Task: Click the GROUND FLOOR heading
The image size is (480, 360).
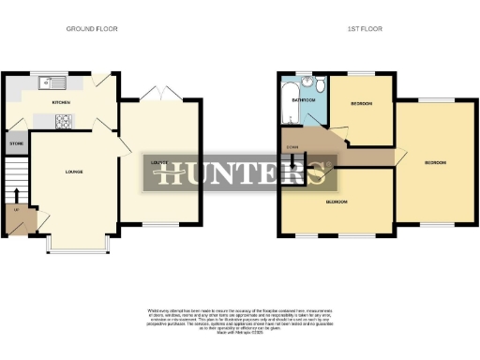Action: (x=92, y=29)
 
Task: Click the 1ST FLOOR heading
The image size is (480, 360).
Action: (x=360, y=29)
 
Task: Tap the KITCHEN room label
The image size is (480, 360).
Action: (x=62, y=101)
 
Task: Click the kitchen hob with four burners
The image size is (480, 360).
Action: (x=65, y=119)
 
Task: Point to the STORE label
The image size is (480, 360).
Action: (x=16, y=144)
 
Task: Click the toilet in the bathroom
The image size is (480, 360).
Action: (x=320, y=87)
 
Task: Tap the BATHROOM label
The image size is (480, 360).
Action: (x=303, y=98)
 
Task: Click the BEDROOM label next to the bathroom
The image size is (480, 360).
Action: (x=362, y=104)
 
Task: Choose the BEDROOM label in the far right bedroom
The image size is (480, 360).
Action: (x=434, y=162)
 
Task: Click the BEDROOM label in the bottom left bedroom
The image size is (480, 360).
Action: (x=337, y=202)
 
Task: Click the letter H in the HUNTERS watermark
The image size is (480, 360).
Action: (x=170, y=173)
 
